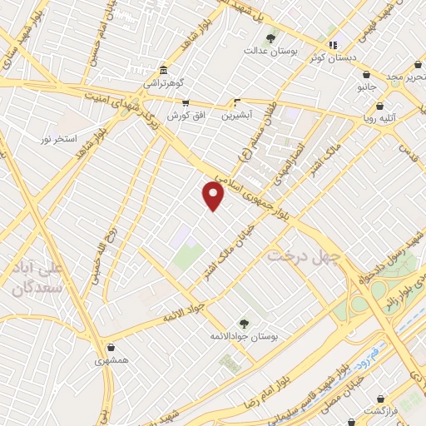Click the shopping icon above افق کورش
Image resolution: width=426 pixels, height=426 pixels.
(x=185, y=103)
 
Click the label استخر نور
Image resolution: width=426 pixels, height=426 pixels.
(x=59, y=137)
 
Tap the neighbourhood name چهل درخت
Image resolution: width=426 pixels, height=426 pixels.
(x=300, y=255)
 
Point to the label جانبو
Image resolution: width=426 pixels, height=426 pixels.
(x=367, y=86)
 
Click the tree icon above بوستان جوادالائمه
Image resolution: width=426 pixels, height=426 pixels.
(x=244, y=323)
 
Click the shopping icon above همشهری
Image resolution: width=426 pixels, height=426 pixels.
(x=111, y=347)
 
